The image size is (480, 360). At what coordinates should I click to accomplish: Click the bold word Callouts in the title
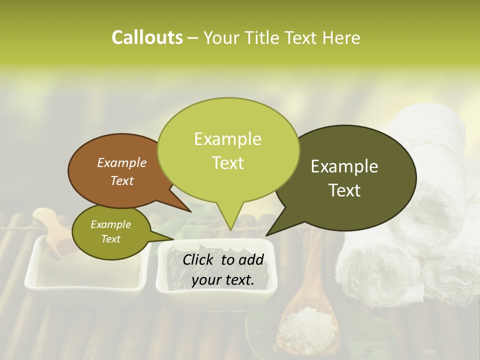click(x=147, y=37)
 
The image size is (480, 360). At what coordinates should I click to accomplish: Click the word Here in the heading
click(x=340, y=37)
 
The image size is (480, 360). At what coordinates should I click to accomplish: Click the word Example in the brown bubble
click(x=122, y=163)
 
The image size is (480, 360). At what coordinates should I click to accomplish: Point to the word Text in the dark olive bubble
click(x=345, y=190)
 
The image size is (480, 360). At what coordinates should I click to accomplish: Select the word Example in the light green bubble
click(x=228, y=139)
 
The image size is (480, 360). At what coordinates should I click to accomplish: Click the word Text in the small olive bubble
click(x=111, y=239)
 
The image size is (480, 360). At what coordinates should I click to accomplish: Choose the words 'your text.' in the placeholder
click(x=223, y=280)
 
